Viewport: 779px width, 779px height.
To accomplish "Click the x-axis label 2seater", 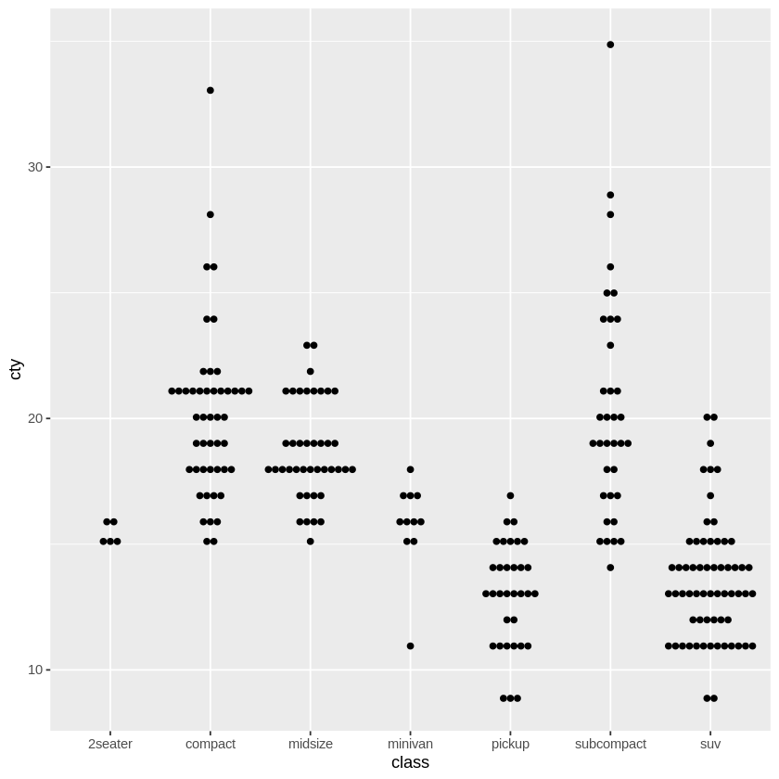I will pos(110,744).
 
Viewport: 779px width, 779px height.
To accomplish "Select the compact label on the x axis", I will pos(211,744).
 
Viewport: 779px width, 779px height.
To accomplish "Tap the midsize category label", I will pos(311,744).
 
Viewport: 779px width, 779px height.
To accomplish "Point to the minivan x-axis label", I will pos(410,744).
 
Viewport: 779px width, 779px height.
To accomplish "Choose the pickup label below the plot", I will pos(510,744).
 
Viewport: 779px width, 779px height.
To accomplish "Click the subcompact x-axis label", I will pos(610,744).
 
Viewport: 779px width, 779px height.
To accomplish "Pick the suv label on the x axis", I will pos(710,744).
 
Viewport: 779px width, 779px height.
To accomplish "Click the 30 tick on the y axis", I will pos(35,167).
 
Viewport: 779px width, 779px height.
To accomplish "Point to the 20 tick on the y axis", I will pos(35,418).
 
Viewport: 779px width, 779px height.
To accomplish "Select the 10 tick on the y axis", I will pos(35,670).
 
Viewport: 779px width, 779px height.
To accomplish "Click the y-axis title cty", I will pos(15,368).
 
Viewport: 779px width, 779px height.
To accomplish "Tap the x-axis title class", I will pos(410,763).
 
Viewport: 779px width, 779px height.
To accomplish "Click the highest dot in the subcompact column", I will pos(610,45).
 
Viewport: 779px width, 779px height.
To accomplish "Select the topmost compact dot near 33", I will pos(211,90).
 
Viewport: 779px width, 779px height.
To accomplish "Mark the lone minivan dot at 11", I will pos(410,645).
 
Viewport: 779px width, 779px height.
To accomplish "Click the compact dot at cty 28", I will pos(211,214).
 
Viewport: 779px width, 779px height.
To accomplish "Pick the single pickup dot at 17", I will pos(510,495).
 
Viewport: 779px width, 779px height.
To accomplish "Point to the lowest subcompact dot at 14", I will pos(610,568).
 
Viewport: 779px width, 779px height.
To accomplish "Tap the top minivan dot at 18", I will pos(410,469).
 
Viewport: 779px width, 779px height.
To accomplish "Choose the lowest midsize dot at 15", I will pos(311,542).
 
